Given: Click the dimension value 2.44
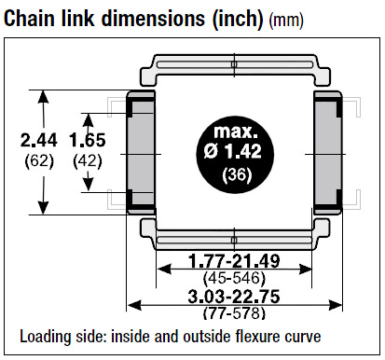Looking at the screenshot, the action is (x=39, y=140).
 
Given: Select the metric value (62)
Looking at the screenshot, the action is (x=39, y=161).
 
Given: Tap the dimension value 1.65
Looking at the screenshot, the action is (x=88, y=140).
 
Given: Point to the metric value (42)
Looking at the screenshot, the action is (x=88, y=161).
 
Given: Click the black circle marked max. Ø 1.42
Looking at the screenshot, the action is (x=235, y=155).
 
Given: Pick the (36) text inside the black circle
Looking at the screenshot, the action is (x=237, y=174).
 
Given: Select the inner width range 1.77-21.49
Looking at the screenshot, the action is (x=234, y=261).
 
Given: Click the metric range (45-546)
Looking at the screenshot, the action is (x=234, y=278).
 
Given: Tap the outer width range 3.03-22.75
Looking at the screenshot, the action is (x=234, y=297).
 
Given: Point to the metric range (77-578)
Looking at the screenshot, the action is (x=234, y=312).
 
